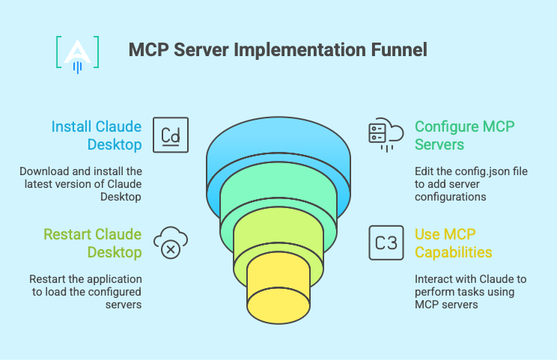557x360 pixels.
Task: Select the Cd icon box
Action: [171, 135]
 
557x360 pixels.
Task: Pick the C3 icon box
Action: [386, 243]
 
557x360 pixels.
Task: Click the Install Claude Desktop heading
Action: [97, 135]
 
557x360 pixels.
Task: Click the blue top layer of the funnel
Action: [278, 150]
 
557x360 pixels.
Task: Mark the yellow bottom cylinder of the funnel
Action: [278, 284]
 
